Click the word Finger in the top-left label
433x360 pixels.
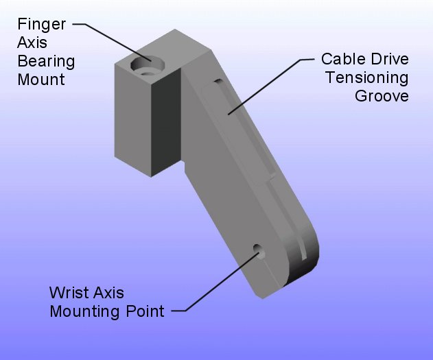(42, 25)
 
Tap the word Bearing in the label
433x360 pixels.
(47, 61)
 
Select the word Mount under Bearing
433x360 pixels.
(42, 79)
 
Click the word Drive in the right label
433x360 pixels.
(390, 59)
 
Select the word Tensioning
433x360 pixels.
(367, 77)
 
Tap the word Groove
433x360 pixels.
(382, 95)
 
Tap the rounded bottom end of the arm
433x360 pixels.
(302, 264)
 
